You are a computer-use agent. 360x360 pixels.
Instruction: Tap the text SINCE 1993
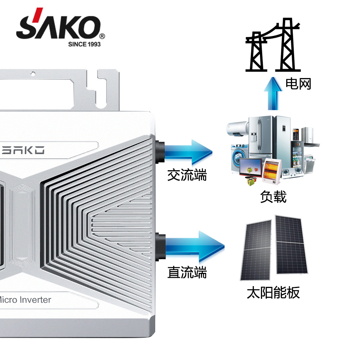pos(84,44)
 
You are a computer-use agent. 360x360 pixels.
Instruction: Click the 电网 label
pos(298,84)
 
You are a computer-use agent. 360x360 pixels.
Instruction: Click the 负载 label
pos(273,197)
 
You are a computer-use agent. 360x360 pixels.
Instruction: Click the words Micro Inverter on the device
pos(25,300)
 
